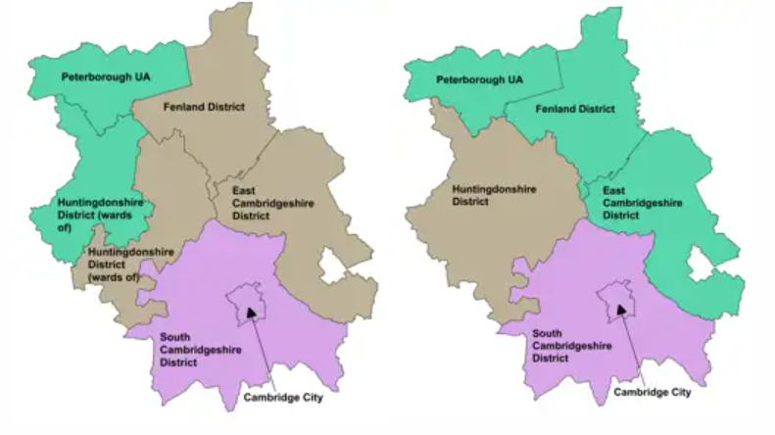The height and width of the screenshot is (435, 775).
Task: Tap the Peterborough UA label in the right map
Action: [479, 77]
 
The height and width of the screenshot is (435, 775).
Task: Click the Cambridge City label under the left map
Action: [282, 398]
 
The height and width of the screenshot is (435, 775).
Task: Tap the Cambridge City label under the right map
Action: [652, 393]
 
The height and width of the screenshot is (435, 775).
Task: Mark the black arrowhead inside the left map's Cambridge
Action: [252, 313]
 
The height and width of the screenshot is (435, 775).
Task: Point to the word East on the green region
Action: [614, 189]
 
